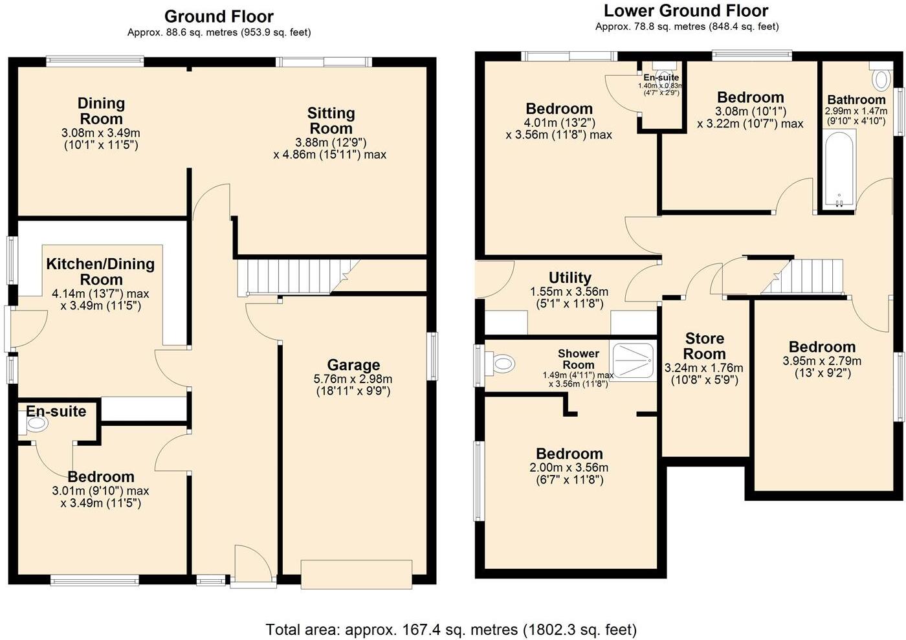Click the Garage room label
coord(353,365)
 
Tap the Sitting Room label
coord(331,120)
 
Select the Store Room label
coord(704,346)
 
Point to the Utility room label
coord(570,278)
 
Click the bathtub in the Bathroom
coord(839,169)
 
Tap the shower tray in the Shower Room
coord(633,360)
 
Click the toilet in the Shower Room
coord(500,362)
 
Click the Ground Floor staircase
coord(297,276)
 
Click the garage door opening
coord(357,574)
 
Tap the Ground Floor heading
coord(219,17)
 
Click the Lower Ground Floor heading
coord(686,11)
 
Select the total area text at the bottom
coord(451,630)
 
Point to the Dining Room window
coord(95,61)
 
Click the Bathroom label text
coord(856,100)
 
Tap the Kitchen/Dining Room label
coord(101,271)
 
